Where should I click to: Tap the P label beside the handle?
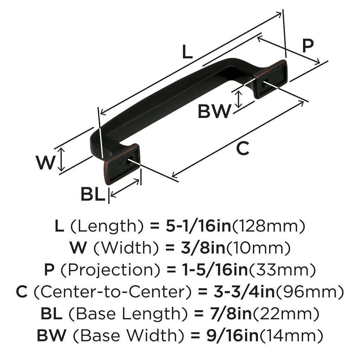308,46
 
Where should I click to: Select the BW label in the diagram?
214,112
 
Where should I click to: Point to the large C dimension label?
243,149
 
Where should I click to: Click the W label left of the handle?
46,162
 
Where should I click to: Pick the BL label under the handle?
93,194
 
